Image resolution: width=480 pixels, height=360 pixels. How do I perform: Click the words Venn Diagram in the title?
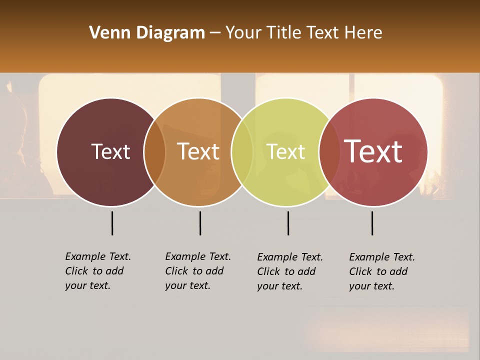click(x=147, y=33)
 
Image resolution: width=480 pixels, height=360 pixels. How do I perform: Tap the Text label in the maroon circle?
click(x=110, y=151)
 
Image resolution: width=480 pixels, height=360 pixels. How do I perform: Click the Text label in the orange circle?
click(x=198, y=151)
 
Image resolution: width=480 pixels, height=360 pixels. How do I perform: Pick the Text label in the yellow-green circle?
click(x=286, y=151)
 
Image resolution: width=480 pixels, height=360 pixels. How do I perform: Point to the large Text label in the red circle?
click(x=373, y=151)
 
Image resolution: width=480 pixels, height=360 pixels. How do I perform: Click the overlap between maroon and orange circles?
click(x=154, y=152)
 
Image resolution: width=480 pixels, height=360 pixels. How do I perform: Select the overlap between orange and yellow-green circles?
click(x=242, y=152)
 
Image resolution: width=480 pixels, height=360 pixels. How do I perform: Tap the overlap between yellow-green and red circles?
click(x=329, y=152)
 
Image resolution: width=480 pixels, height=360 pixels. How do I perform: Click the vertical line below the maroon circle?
click(x=112, y=223)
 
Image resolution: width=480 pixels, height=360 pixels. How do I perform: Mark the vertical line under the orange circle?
click(x=200, y=223)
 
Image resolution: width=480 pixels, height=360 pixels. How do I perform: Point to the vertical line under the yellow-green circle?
click(x=288, y=223)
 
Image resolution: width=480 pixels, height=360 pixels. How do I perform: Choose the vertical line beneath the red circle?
click(x=372, y=223)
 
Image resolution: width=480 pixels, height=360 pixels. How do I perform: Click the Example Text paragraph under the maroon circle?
click(x=98, y=271)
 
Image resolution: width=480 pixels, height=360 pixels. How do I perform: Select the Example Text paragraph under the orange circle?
click(x=198, y=271)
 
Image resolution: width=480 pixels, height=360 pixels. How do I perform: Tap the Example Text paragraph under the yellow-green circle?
click(x=290, y=271)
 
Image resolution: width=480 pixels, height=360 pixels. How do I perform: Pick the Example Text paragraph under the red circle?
click(x=382, y=271)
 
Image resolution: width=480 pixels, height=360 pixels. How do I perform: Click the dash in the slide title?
click(x=215, y=33)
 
